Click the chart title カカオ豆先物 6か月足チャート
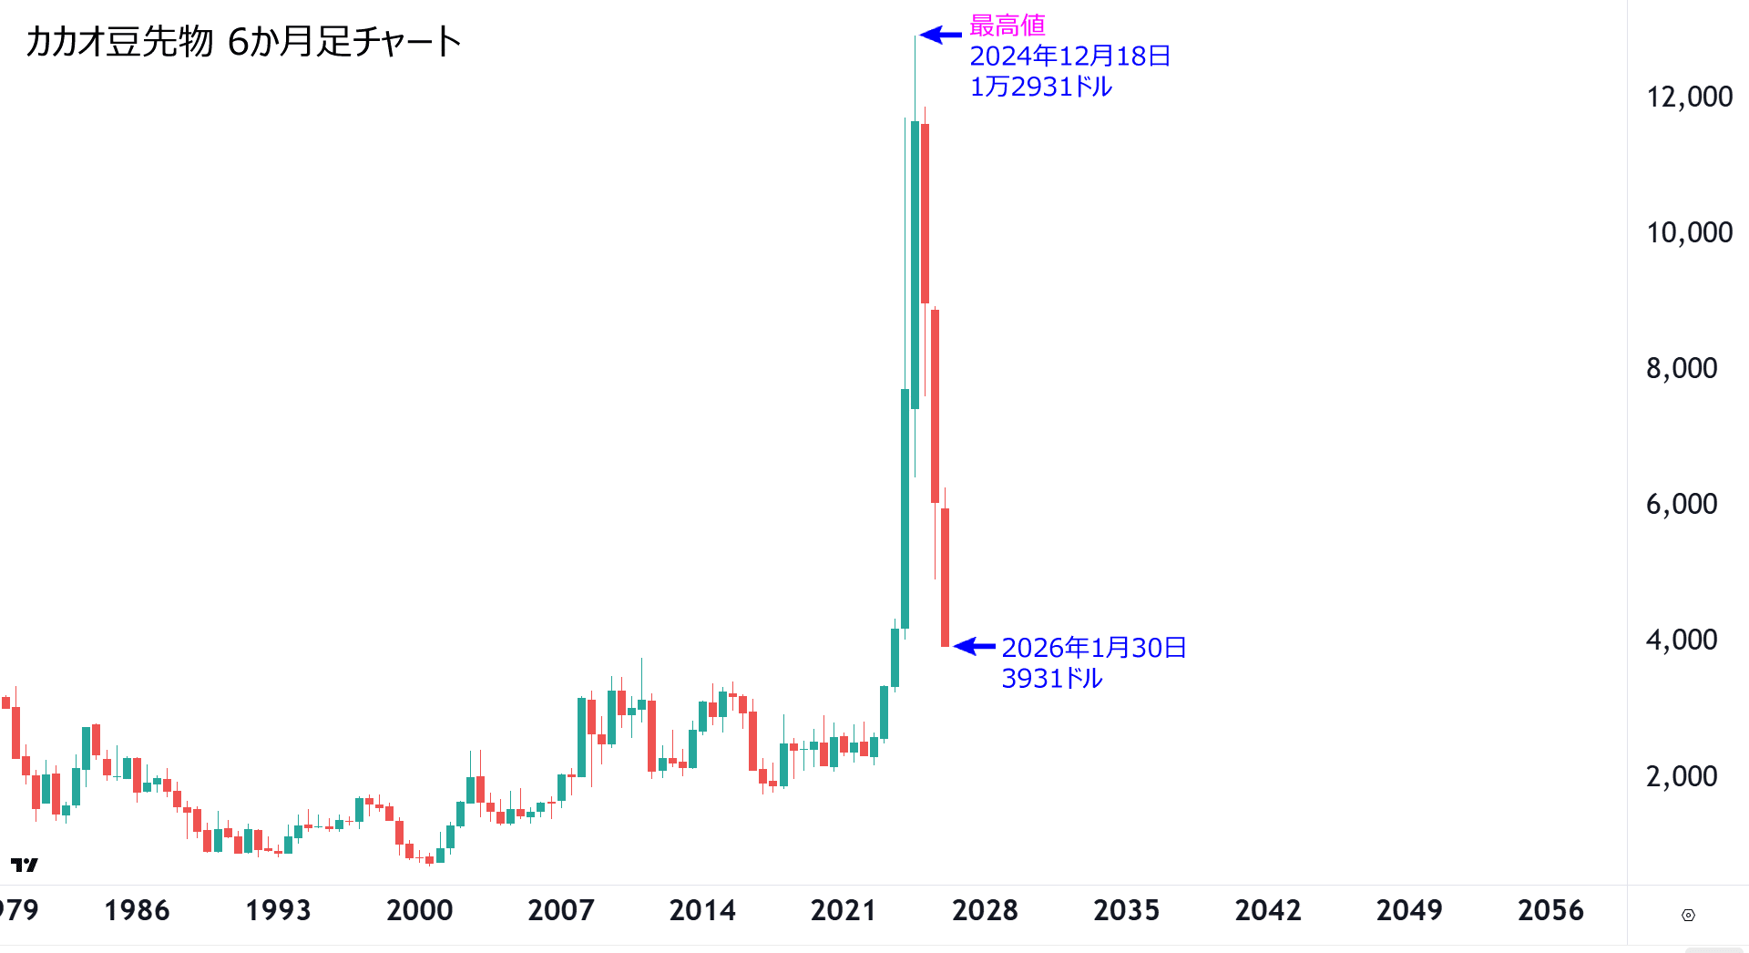pyautogui.click(x=243, y=42)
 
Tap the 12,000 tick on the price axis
pyautogui.click(x=1688, y=97)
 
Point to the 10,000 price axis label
pyautogui.click(x=1688, y=232)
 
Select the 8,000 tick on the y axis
pyautogui.click(x=1681, y=368)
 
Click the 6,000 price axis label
pyautogui.click(x=1681, y=504)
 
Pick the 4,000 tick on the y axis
pyautogui.click(x=1681, y=640)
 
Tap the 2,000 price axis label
pyautogui.click(x=1681, y=776)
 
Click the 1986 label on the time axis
pyautogui.click(x=137, y=910)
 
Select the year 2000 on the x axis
pyautogui.click(x=419, y=910)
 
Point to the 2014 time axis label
pyautogui.click(x=701, y=910)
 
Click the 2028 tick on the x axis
pyautogui.click(x=985, y=910)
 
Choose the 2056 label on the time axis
pyautogui.click(x=1550, y=910)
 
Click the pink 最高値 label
pyautogui.click(x=1007, y=25)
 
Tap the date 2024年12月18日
pyautogui.click(x=1069, y=56)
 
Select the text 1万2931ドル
pyautogui.click(x=1040, y=87)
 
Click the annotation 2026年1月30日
pyautogui.click(x=1093, y=648)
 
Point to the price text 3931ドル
pyautogui.click(x=1051, y=679)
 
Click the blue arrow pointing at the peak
pyautogui.click(x=941, y=36)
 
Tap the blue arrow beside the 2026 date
pyautogui.click(x=975, y=646)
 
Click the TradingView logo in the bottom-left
pyautogui.click(x=25, y=865)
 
